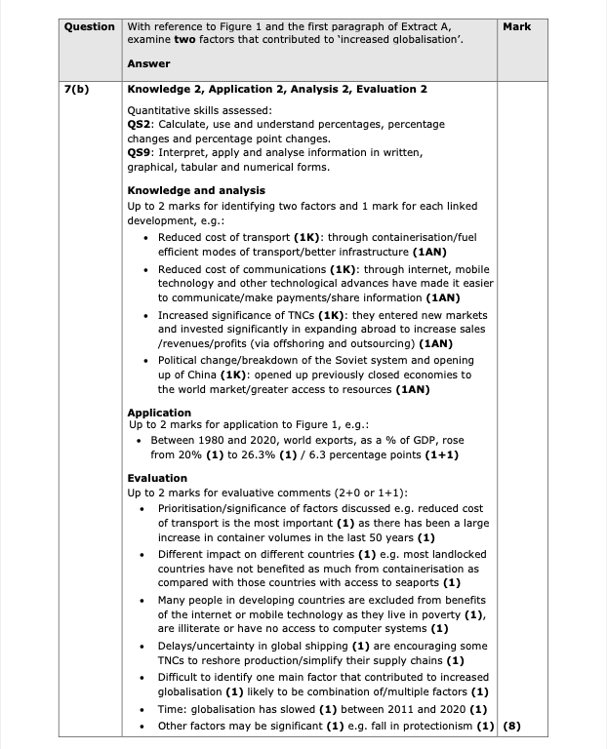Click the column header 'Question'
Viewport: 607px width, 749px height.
click(90, 25)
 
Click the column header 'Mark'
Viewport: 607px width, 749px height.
click(517, 26)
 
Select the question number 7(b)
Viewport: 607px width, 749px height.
click(77, 89)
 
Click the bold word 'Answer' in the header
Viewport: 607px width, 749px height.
click(148, 63)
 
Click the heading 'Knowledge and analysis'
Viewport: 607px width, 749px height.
click(196, 190)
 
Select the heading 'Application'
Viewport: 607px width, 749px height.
click(159, 413)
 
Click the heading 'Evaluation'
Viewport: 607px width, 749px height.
click(157, 478)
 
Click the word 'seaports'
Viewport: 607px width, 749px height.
click(415, 582)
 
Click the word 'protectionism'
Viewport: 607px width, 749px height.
click(437, 726)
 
